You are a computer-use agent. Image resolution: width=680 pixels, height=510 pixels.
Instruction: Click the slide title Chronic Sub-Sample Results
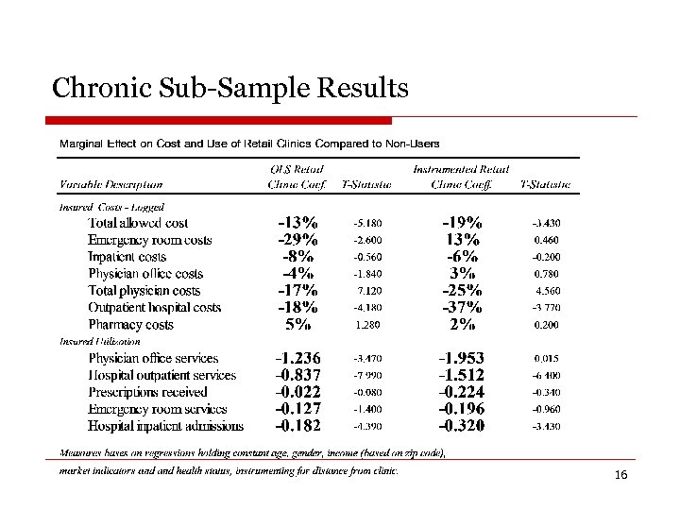(230, 89)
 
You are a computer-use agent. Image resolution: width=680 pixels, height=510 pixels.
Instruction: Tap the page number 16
(620, 474)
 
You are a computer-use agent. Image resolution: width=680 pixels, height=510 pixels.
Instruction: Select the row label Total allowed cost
(138, 224)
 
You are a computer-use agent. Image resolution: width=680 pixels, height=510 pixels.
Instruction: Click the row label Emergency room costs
(150, 240)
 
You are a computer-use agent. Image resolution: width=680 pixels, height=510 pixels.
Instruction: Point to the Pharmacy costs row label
(131, 325)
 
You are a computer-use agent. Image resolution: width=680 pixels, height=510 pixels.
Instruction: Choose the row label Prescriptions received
(148, 392)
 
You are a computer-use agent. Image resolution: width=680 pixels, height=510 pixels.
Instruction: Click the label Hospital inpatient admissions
(166, 426)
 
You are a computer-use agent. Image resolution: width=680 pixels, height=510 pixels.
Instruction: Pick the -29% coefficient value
(297, 240)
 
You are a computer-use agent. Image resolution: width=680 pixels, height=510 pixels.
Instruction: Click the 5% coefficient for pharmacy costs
(297, 325)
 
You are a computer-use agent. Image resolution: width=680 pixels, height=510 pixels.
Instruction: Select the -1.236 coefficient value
(297, 359)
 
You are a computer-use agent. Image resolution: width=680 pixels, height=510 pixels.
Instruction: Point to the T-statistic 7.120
(366, 291)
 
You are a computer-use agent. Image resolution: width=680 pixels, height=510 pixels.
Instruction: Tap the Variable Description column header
(111, 185)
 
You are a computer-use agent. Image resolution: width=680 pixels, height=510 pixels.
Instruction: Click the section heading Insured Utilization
(100, 341)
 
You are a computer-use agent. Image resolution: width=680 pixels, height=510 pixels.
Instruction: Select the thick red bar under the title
(219, 120)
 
